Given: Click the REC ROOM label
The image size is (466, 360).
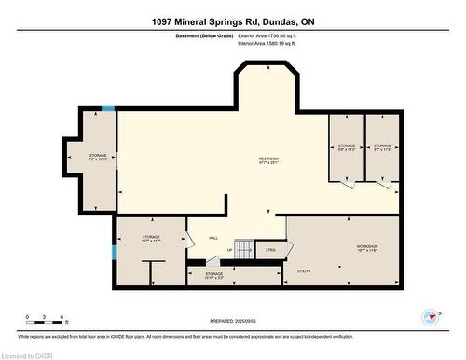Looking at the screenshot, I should [268, 161].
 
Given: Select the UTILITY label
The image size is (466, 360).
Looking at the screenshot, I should [303, 270].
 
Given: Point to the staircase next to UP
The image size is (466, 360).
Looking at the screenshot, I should [243, 249].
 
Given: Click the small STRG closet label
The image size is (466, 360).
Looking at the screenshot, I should [270, 250].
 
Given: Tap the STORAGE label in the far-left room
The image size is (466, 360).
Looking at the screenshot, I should [98, 158].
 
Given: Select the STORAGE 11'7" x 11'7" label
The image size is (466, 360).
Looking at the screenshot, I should [151, 240].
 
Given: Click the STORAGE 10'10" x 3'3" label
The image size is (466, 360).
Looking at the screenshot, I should [213, 276].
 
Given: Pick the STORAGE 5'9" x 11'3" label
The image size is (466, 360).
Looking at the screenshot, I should [347, 148].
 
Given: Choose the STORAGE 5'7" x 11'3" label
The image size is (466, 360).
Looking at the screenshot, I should [382, 148].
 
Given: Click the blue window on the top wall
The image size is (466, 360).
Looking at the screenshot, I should [108, 109].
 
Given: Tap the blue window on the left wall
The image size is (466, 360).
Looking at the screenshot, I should [115, 251].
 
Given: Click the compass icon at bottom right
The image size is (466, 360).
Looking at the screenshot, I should [431, 316].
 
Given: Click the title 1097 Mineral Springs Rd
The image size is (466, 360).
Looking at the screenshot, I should [232, 21].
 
